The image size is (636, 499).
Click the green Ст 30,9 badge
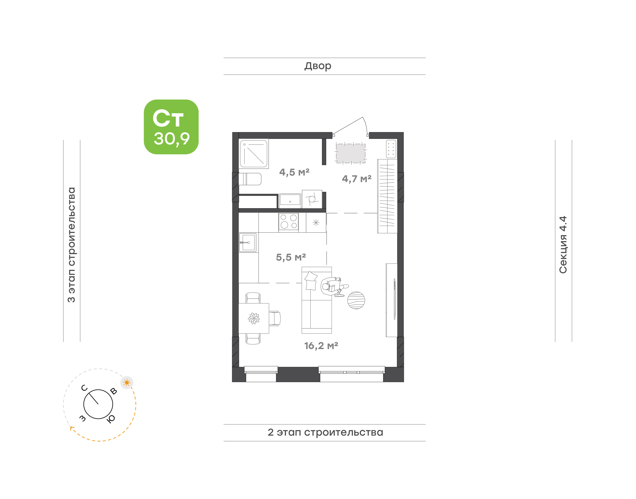tap(171, 127)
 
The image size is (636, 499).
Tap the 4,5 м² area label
tap(294, 172)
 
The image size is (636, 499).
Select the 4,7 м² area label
tap(356, 178)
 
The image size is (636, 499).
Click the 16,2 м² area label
tap(321, 346)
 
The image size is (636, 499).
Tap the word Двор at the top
tap(318, 66)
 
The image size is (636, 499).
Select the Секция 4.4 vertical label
tap(563, 245)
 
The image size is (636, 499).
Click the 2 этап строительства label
tap(325, 432)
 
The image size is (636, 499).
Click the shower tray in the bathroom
tap(254, 154)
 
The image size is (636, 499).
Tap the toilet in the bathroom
tap(250, 179)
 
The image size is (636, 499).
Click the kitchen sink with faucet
tap(248, 242)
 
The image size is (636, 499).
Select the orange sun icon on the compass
tap(127, 382)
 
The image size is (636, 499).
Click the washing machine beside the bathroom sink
tap(312, 199)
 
